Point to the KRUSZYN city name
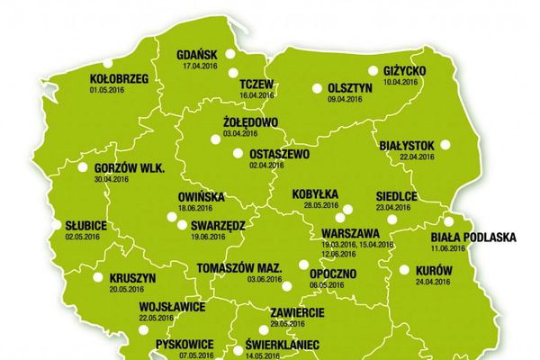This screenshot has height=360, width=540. point(131,279)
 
